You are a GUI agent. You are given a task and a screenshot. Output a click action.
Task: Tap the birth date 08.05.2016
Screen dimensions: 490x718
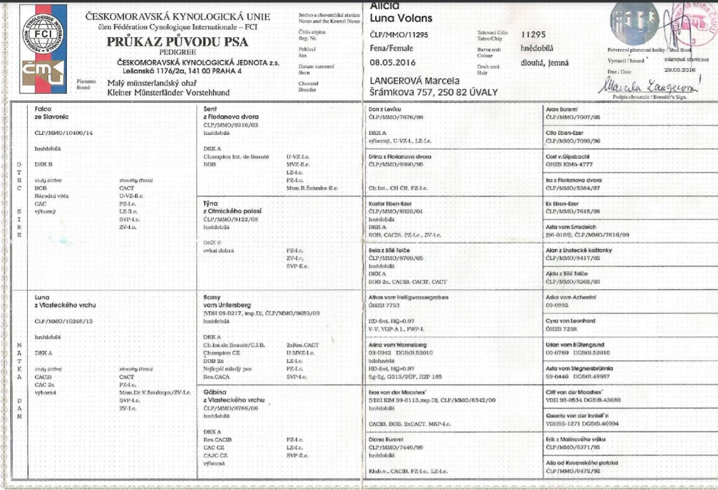(x=393, y=62)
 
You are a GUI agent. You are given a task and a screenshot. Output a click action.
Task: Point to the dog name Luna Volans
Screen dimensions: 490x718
(x=400, y=20)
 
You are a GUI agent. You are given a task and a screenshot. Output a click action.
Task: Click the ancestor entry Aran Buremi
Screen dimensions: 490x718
(x=563, y=109)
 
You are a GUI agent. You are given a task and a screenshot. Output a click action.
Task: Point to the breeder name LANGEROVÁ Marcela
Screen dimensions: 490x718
(x=414, y=81)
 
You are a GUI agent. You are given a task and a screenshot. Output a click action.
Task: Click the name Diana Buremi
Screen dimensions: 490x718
(x=388, y=438)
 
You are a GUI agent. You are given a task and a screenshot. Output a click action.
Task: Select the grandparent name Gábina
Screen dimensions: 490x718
(x=214, y=392)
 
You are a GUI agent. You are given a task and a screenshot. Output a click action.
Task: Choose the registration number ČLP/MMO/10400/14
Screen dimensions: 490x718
(x=65, y=134)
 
